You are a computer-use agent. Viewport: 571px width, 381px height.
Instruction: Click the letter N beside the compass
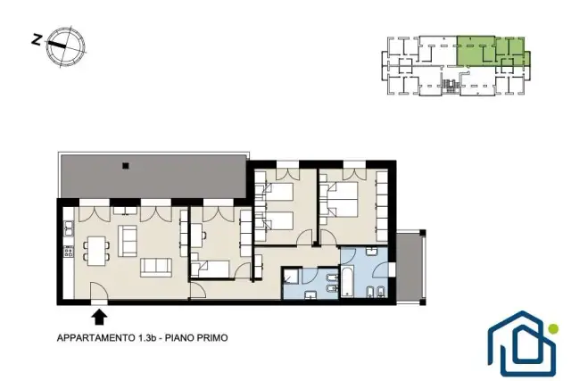pos(37,39)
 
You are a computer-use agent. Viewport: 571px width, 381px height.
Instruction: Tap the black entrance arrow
pos(99,318)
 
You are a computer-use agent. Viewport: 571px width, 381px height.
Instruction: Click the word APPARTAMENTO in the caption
pos(96,338)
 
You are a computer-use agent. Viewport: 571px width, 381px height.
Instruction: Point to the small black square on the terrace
pos(126,166)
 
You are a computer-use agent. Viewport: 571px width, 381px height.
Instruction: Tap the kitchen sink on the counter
pos(68,228)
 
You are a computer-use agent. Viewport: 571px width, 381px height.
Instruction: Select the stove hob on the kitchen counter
pos(68,252)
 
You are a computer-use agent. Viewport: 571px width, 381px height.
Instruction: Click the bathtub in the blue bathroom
pos(347,280)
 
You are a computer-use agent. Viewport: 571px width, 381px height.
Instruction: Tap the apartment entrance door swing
pos(99,291)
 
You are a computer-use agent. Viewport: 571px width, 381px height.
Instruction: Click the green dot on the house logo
pos(553,329)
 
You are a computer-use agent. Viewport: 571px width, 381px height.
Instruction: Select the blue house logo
pos(521,344)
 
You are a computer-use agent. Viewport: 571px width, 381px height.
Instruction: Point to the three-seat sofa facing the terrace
pos(156,268)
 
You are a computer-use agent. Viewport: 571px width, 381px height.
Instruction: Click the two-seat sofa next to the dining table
pos(128,241)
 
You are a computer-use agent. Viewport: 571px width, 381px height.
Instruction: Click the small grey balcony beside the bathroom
pos(410,267)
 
